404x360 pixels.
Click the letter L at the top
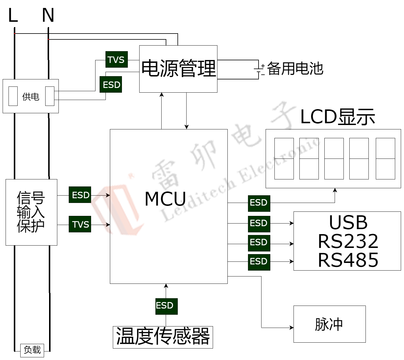coord(13,15)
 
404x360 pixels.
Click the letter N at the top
coord(48,15)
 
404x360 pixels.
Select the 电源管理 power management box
coord(178,69)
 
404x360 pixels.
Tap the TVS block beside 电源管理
coord(117,60)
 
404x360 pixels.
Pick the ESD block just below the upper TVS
coord(111,84)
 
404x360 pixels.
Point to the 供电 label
coord(31,96)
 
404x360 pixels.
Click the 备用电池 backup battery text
coord(295,69)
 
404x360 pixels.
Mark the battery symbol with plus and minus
coord(259,70)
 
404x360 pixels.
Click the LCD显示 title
coord(338,117)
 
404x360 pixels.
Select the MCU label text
coord(165,199)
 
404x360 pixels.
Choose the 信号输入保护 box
coord(31,212)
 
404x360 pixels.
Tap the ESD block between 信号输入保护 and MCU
coord(80,195)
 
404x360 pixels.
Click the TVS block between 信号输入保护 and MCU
coord(80,224)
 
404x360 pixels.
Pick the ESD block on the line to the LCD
coord(259,203)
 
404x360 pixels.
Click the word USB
coord(348,222)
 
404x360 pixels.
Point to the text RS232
coord(348,241)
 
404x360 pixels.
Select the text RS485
coord(348,260)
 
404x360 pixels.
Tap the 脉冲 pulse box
coord(329,324)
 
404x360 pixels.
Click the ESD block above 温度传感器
coord(166,306)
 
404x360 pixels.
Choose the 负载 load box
coord(32,350)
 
